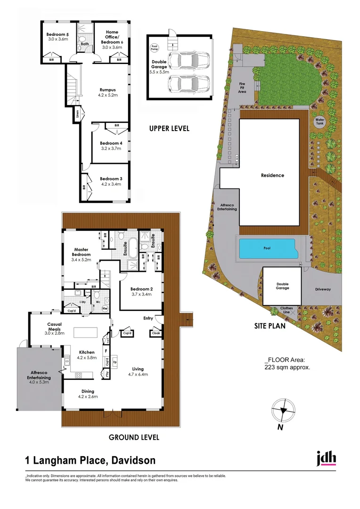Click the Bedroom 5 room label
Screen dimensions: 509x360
(57, 34)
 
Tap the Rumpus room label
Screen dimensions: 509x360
(108, 90)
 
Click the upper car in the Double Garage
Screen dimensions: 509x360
(188, 61)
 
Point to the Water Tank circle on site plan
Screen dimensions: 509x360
(320, 121)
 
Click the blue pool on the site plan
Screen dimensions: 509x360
(266, 247)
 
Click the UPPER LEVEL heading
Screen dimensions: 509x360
(169, 128)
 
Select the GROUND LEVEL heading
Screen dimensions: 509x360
(134, 437)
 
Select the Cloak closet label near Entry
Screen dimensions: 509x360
(156, 333)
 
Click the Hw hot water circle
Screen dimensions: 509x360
(105, 309)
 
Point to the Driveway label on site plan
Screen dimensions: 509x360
(323, 289)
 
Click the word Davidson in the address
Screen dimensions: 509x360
(133, 460)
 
